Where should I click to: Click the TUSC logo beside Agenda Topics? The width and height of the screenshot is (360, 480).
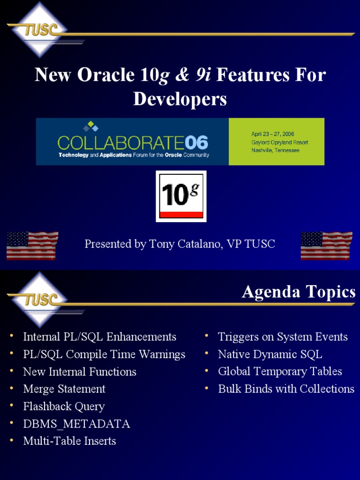(39, 299)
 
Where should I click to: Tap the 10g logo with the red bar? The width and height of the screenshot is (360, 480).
(181, 196)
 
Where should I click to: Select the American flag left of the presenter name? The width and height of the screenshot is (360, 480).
(32, 246)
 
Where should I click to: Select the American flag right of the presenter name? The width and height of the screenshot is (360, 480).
(326, 246)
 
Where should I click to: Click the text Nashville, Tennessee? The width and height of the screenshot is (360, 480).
(275, 150)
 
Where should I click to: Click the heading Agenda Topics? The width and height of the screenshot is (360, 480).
(299, 292)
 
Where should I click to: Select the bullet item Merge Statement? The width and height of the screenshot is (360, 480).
(64, 389)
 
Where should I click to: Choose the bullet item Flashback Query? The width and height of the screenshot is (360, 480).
(64, 406)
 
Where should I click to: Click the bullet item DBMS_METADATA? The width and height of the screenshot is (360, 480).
(76, 424)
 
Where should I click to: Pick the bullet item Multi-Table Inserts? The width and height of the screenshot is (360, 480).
(69, 441)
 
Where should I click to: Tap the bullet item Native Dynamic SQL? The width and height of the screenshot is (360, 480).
(270, 354)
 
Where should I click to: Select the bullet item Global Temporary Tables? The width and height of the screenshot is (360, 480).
(280, 372)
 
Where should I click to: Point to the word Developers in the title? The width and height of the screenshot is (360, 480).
(180, 99)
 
